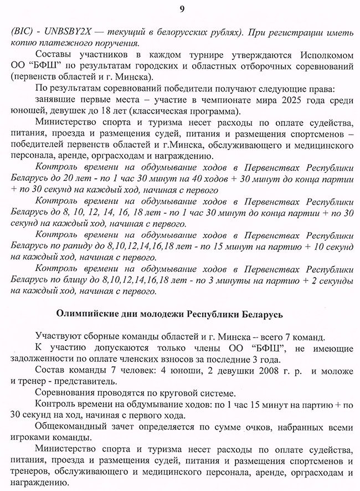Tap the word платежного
click(61, 44)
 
